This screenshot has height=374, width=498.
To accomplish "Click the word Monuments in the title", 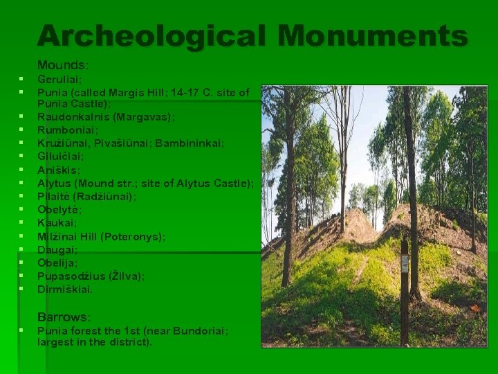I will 370,36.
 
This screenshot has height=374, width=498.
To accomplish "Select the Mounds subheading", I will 62,65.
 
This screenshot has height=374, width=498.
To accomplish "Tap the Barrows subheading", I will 64,317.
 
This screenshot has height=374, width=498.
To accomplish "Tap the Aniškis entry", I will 59,170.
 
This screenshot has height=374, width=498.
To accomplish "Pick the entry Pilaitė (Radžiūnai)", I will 86,196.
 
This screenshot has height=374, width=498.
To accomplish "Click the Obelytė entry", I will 59,209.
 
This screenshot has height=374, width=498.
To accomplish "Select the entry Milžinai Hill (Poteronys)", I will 101,236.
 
